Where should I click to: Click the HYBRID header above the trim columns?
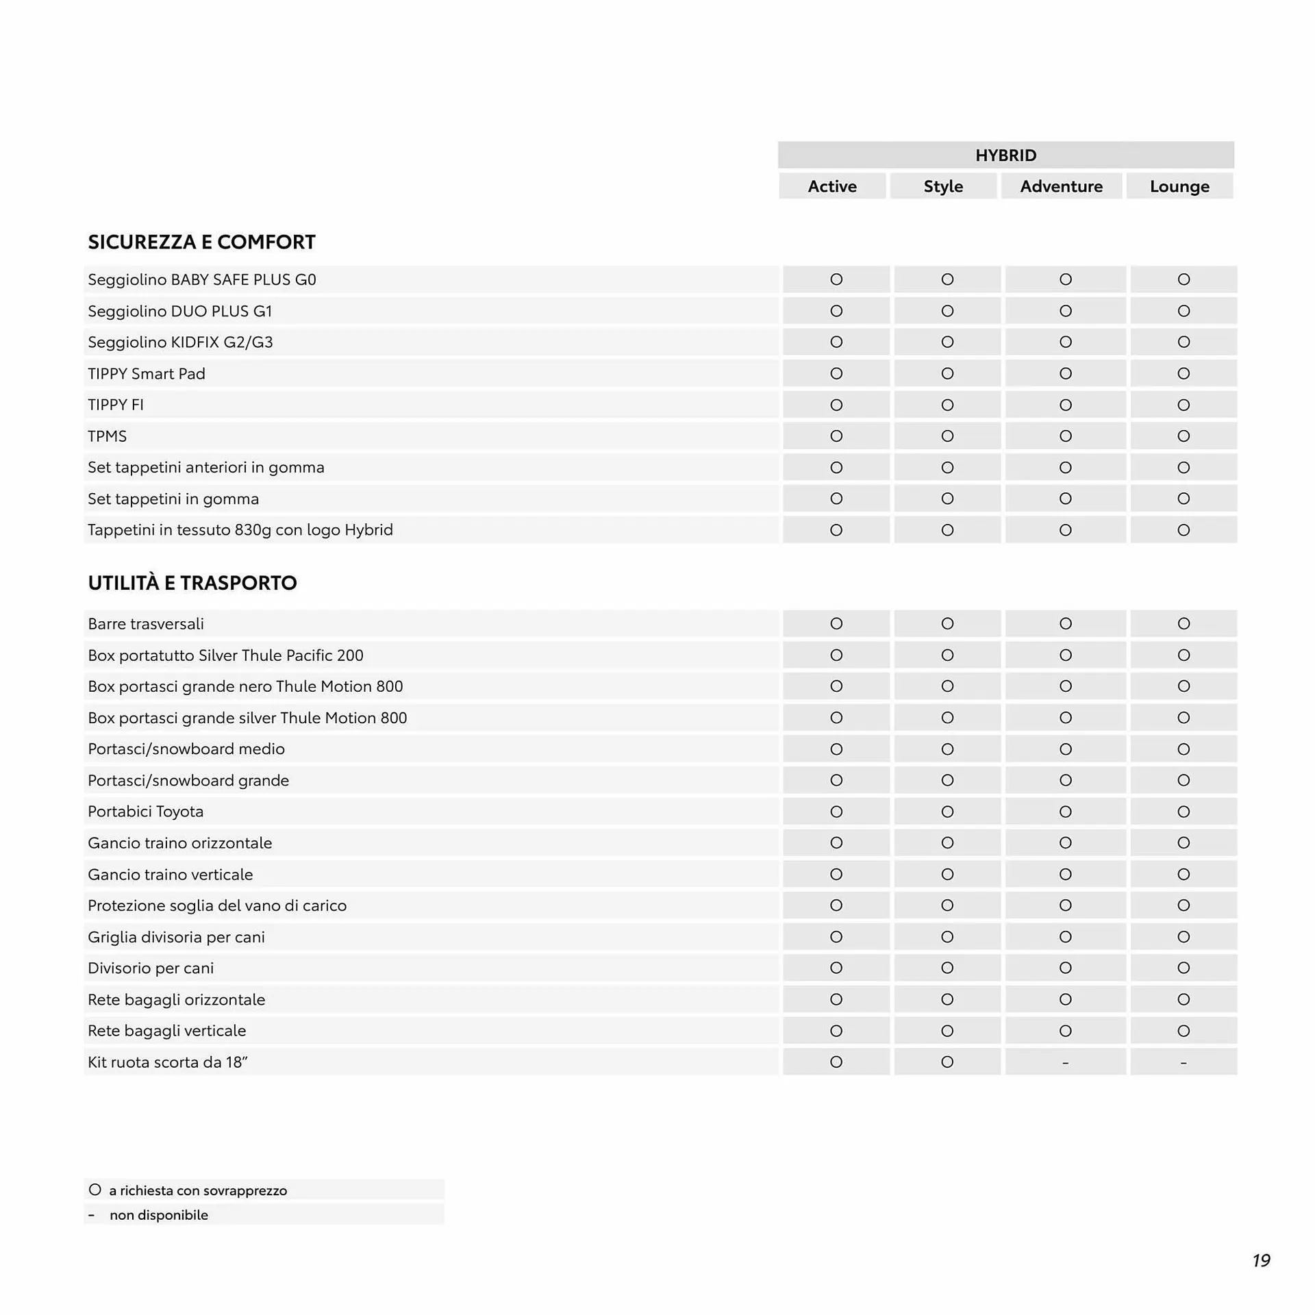point(1005,155)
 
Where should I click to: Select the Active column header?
point(831,186)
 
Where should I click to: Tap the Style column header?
point(943,186)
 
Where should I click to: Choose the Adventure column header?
point(1061,186)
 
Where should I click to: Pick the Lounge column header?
point(1179,186)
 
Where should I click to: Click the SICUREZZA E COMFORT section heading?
point(201,242)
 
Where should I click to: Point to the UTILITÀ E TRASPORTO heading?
point(192,583)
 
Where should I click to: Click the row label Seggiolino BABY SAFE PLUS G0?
point(202,279)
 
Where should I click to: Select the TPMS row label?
point(108,436)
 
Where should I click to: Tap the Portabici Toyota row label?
point(146,812)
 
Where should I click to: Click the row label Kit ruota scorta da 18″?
point(168,1062)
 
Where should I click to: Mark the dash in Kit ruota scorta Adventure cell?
point(1065,1063)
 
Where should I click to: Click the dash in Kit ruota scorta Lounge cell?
point(1183,1063)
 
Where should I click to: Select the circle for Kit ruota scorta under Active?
point(836,1062)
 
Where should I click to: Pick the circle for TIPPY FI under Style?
point(947,405)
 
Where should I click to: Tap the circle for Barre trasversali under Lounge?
point(1183,624)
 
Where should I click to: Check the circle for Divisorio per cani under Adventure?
point(1065,968)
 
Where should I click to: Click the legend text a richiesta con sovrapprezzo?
point(198,1190)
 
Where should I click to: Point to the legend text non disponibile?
point(159,1215)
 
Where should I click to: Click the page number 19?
point(1261,1260)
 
